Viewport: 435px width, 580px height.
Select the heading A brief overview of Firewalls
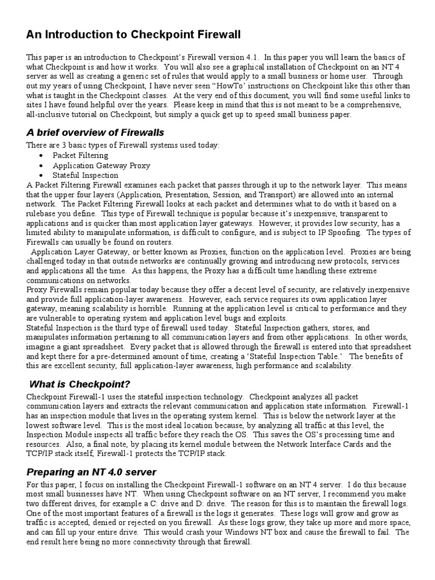point(95,133)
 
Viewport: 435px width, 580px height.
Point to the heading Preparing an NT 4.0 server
point(91,472)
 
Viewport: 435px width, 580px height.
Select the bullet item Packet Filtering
point(80,155)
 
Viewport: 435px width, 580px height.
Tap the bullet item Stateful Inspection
point(86,176)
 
